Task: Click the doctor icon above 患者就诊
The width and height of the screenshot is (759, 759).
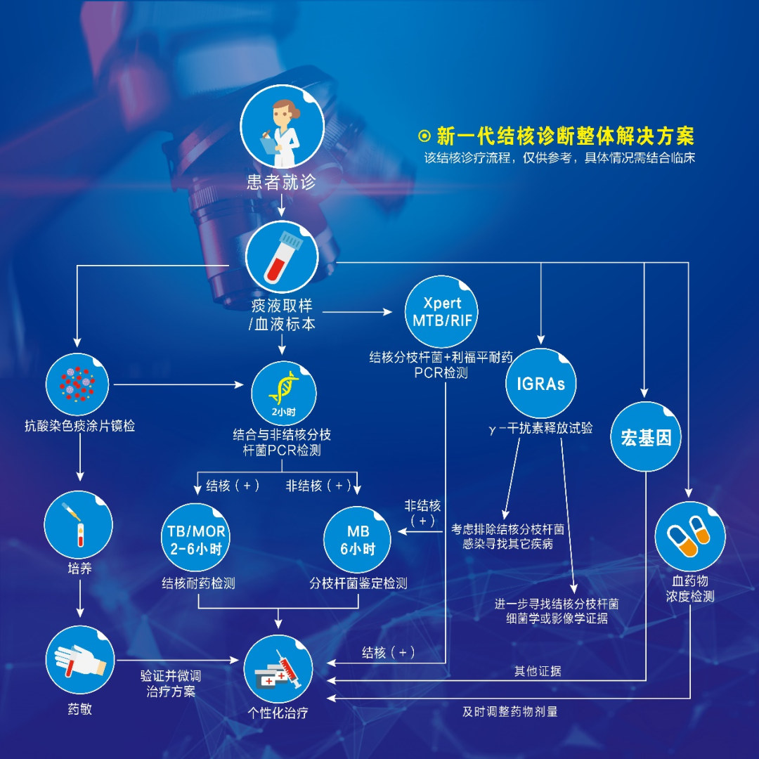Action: pos(282,127)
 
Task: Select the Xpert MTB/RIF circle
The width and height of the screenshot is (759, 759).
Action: pos(442,311)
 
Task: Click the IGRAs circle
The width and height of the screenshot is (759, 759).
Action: pos(540,384)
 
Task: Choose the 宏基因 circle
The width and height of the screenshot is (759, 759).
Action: pos(646,437)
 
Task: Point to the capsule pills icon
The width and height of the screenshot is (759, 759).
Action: pos(689,536)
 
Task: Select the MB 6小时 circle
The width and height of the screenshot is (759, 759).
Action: pos(358,540)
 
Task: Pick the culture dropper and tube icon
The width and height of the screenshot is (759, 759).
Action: pos(79,524)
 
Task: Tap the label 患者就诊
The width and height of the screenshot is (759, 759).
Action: pos(281,183)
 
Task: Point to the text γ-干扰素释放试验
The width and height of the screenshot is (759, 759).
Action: pos(540,428)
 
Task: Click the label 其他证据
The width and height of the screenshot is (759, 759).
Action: pos(538,671)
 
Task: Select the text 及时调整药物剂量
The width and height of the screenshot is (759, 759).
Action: pos(510,711)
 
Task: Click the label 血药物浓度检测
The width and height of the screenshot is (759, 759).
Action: pos(689,589)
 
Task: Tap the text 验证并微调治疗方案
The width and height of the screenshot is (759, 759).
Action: pos(171,683)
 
